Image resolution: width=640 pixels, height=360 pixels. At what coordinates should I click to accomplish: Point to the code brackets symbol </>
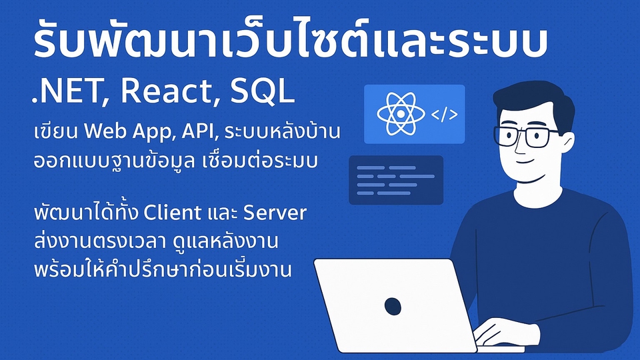pos(444,115)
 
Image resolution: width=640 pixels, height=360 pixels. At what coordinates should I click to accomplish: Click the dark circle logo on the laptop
pos(393,306)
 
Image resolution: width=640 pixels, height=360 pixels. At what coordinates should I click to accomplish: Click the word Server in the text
pos(274,214)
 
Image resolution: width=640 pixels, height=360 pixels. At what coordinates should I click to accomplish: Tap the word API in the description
pos(197,132)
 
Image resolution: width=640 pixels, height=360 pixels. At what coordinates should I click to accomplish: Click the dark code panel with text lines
pos(396,179)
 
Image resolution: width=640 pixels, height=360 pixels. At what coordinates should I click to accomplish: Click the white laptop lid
pos(393,304)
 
